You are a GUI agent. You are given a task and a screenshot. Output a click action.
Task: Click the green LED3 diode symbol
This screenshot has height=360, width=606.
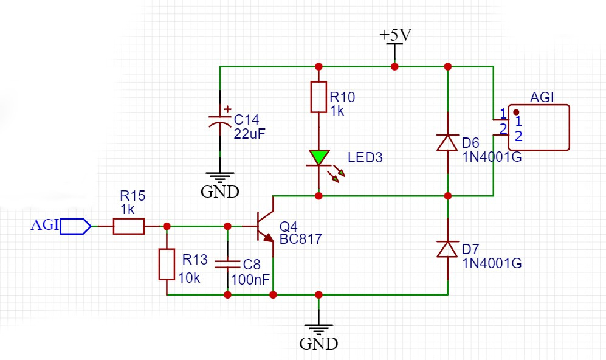click(x=318, y=157)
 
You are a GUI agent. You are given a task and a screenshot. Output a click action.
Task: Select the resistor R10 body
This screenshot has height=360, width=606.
click(x=318, y=97)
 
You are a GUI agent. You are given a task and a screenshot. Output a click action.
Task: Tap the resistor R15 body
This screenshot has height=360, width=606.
click(x=128, y=226)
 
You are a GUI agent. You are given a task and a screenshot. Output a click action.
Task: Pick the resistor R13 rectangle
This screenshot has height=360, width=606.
click(x=167, y=264)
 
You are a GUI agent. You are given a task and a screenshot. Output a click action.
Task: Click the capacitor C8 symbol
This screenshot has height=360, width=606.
click(x=227, y=264)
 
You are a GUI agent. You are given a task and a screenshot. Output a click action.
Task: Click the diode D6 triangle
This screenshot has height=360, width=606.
click(x=448, y=142)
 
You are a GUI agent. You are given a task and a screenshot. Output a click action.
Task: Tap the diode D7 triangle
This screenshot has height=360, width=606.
click(x=448, y=249)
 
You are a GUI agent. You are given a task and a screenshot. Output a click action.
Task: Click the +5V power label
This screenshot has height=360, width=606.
click(x=395, y=35)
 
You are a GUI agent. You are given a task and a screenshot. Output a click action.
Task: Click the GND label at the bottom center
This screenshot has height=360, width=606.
click(x=318, y=344)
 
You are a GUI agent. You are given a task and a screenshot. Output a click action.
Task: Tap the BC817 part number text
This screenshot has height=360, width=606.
click(x=300, y=239)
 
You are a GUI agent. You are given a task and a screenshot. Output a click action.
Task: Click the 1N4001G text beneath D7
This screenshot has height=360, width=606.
click(x=492, y=263)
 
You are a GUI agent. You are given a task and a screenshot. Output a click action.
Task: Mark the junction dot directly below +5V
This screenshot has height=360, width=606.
click(x=394, y=66)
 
